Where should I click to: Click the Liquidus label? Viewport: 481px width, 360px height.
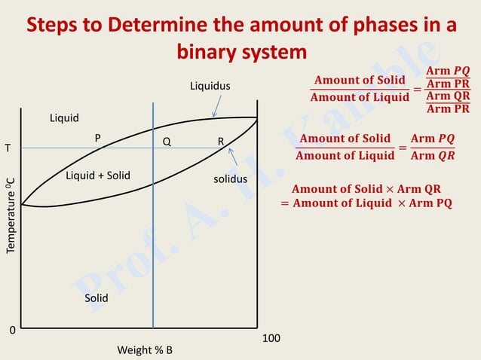pos(210,87)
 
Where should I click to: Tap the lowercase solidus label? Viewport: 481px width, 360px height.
pos(230,179)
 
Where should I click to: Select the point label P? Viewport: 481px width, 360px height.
pos(97,139)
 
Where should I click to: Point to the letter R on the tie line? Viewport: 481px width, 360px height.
pos(221,142)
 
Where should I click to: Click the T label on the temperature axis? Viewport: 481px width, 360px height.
pos(8,148)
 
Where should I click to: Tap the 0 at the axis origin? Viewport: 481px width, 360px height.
pos(12,331)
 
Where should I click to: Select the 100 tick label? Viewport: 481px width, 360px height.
pos(271,339)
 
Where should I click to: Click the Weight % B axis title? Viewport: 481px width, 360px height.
pos(145,350)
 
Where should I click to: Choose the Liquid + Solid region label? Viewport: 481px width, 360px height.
pos(98,175)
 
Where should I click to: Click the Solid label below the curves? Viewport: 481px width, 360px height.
pos(96,298)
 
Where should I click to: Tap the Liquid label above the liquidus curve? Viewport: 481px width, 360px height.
pos(64,118)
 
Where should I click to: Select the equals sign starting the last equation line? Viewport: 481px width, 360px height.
pos(285,203)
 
